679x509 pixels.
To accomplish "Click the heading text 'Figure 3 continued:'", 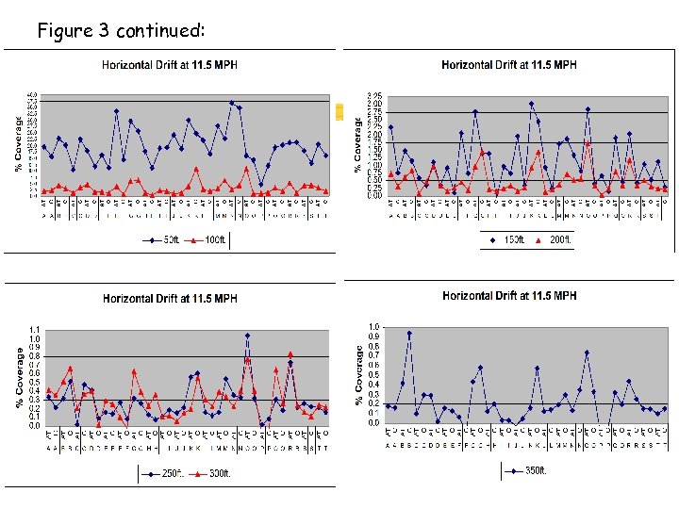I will coord(120,31).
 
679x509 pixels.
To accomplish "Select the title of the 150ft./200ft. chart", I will coord(509,65).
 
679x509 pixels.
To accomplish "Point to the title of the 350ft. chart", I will coord(509,296).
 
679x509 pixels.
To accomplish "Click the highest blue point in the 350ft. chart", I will coord(409,334).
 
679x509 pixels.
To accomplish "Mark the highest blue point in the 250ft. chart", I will coord(247,335).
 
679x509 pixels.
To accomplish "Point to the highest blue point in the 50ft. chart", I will coord(232,103).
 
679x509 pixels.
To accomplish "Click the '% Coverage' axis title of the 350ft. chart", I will coord(359,374).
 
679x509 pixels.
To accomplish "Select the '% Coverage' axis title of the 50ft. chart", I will coord(19,144).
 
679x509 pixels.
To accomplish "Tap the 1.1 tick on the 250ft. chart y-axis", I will coord(35,330).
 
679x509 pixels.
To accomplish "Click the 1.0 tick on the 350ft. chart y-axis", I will coord(374,327).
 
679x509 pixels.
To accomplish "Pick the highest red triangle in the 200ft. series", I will coord(588,144).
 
